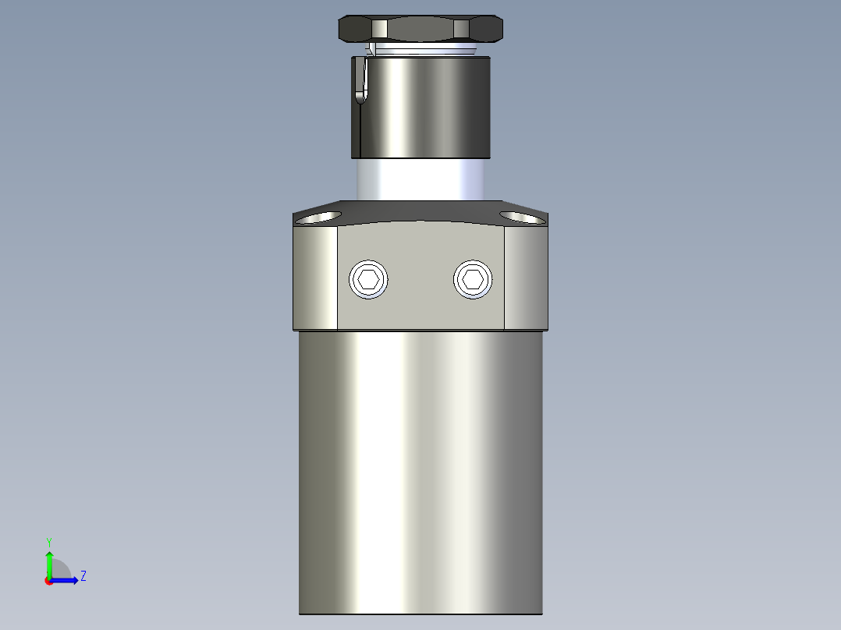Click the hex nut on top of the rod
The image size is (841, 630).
click(x=420, y=29)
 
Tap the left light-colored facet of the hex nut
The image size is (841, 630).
click(x=379, y=29)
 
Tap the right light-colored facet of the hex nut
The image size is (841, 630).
click(x=463, y=29)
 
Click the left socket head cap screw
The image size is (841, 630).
click(x=369, y=279)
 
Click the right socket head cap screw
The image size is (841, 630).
click(x=473, y=279)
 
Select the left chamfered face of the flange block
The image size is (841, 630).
click(x=315, y=278)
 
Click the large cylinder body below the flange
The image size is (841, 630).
click(x=420, y=468)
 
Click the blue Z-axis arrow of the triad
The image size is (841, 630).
click(x=67, y=580)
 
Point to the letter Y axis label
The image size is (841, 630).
click(x=48, y=541)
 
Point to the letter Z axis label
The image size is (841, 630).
click(x=83, y=576)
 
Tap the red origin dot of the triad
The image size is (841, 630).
click(x=48, y=581)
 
